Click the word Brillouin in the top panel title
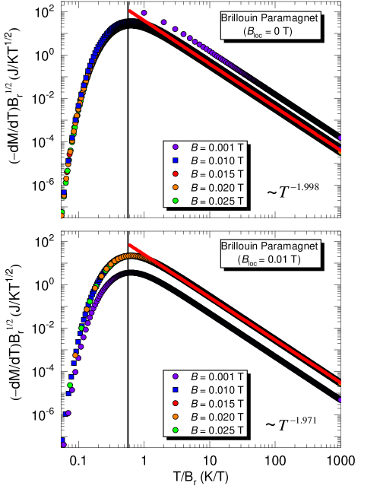coord(239,17)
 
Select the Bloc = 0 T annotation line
coord(271,31)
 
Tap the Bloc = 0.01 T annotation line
coord(271,260)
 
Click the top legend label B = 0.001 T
coord(217,146)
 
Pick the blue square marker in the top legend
coord(175,160)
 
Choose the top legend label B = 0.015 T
coord(217,173)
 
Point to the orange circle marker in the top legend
coord(175,187)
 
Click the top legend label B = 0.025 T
coord(217,201)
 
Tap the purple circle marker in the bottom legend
coord(175,376)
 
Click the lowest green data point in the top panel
coord(62,212)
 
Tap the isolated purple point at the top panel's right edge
coord(340,138)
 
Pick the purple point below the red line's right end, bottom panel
coord(340,399)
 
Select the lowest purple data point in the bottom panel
coord(63,445)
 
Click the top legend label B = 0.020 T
coord(217,187)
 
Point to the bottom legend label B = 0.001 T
coord(217,376)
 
